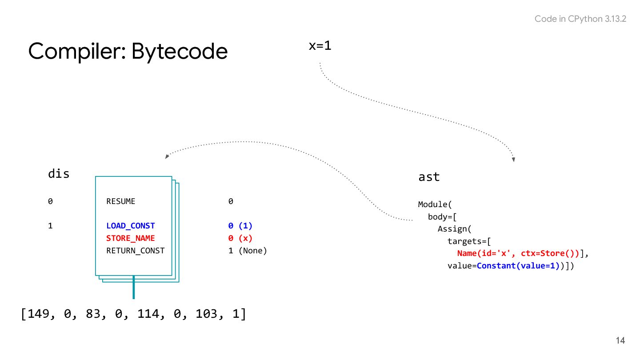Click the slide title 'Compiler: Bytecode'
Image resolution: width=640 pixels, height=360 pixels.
(128, 52)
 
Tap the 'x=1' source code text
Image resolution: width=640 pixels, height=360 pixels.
(320, 45)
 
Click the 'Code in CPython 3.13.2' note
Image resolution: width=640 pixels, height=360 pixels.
(580, 19)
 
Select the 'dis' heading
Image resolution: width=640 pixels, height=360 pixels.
(59, 174)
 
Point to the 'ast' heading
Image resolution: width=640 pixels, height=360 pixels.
(429, 177)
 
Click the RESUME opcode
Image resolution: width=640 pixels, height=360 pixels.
(121, 201)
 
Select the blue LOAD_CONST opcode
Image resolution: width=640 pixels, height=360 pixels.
(131, 226)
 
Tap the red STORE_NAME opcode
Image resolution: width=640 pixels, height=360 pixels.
(131, 238)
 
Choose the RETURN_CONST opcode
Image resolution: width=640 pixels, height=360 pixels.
(135, 251)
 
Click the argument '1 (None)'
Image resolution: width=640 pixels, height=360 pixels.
(248, 251)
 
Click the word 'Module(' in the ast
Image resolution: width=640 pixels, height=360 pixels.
(435, 204)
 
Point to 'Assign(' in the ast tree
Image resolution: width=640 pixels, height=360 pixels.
(454, 229)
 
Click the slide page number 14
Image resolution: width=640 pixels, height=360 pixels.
(620, 341)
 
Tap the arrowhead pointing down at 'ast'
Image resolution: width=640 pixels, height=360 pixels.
(513, 159)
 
